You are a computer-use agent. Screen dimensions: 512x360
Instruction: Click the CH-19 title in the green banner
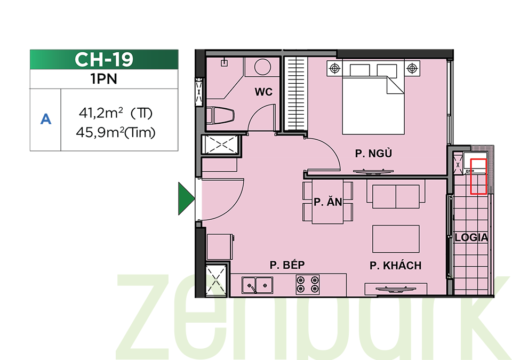pyautogui.click(x=104, y=59)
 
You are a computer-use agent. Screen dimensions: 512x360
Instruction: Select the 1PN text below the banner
pyautogui.click(x=104, y=79)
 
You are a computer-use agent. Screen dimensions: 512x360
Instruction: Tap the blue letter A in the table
pyautogui.click(x=46, y=119)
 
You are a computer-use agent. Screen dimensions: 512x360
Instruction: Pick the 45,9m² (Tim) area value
pyautogui.click(x=116, y=133)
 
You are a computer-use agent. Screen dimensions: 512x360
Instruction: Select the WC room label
pyautogui.click(x=263, y=92)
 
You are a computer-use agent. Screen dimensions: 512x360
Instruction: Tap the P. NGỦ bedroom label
pyautogui.click(x=373, y=153)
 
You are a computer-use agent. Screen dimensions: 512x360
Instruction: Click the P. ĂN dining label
pyautogui.click(x=328, y=202)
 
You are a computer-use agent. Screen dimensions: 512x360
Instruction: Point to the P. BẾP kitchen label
pyautogui.click(x=287, y=265)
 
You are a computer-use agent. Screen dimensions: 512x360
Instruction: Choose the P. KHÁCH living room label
pyautogui.click(x=395, y=266)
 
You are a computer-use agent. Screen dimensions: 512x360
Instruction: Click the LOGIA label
pyautogui.click(x=471, y=237)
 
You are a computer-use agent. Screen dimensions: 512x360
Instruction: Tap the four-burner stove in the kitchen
pyautogui.click(x=308, y=284)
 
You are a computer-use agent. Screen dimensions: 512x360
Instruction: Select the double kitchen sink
pyautogui.click(x=257, y=285)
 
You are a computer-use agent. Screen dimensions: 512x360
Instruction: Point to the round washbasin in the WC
pyautogui.click(x=262, y=67)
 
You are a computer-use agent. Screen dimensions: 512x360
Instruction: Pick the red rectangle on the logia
pyautogui.click(x=478, y=177)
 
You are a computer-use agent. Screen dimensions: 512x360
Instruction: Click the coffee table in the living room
pyautogui.click(x=396, y=239)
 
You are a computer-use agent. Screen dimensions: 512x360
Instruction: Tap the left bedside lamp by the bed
pyautogui.click(x=335, y=69)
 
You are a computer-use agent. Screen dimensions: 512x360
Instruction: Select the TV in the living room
pyautogui.click(x=396, y=289)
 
